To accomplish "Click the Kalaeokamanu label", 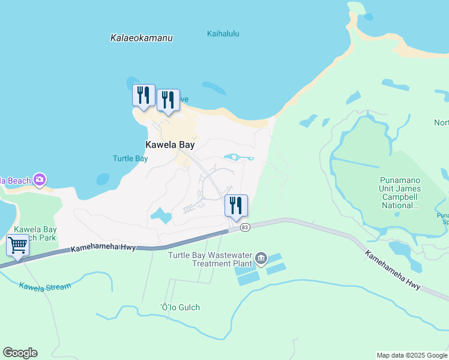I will pyautogui.click(x=142, y=38).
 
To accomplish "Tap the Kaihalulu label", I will pyautogui.click(x=223, y=34).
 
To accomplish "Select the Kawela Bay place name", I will pyautogui.click(x=170, y=145).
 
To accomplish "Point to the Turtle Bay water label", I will pyautogui.click(x=130, y=158).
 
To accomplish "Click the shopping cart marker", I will pyautogui.click(x=18, y=245).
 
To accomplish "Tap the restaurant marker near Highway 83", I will pyautogui.click(x=236, y=205).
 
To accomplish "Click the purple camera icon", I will pyautogui.click(x=40, y=179).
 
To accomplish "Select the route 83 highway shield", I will pyautogui.click(x=244, y=227).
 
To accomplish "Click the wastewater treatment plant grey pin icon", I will pyautogui.click(x=261, y=259).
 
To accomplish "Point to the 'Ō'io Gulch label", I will pyautogui.click(x=180, y=307).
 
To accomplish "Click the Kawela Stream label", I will pyautogui.click(x=45, y=286).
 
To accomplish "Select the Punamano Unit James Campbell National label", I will pyautogui.click(x=400, y=193).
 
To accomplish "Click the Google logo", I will pyautogui.click(x=20, y=353).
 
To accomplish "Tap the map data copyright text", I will pyautogui.click(x=412, y=355).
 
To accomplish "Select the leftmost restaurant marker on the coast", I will pyautogui.click(x=143, y=95).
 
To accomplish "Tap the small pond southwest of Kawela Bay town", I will pyautogui.click(x=160, y=215).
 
